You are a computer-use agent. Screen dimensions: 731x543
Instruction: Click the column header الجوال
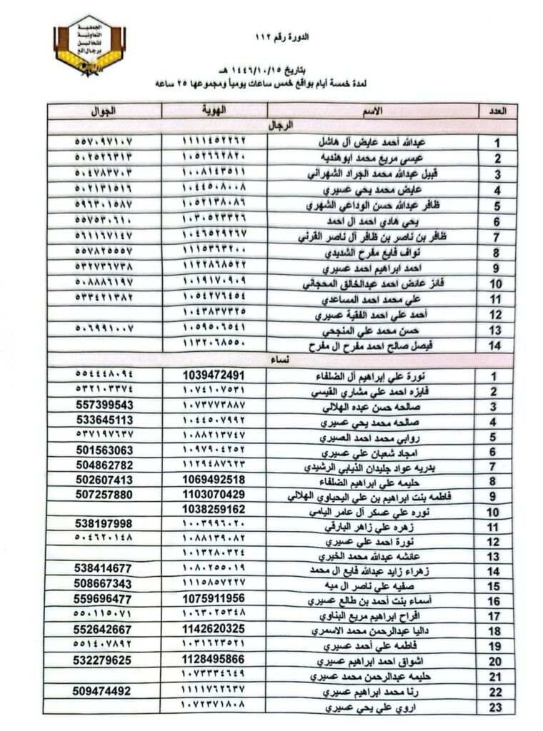[104, 111]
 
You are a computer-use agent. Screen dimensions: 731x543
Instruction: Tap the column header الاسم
[372, 111]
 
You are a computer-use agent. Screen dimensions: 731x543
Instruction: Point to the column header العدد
[497, 111]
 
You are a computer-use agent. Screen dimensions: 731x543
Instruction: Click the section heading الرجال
[280, 126]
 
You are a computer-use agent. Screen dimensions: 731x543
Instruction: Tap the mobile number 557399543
[104, 405]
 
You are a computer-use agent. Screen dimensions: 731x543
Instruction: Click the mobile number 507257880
[104, 494]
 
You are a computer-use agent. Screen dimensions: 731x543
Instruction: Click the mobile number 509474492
[104, 690]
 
